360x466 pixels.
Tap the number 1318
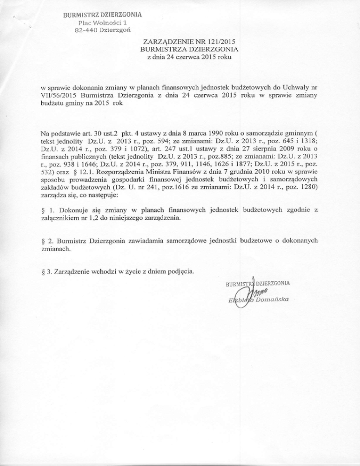[x=308, y=147]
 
